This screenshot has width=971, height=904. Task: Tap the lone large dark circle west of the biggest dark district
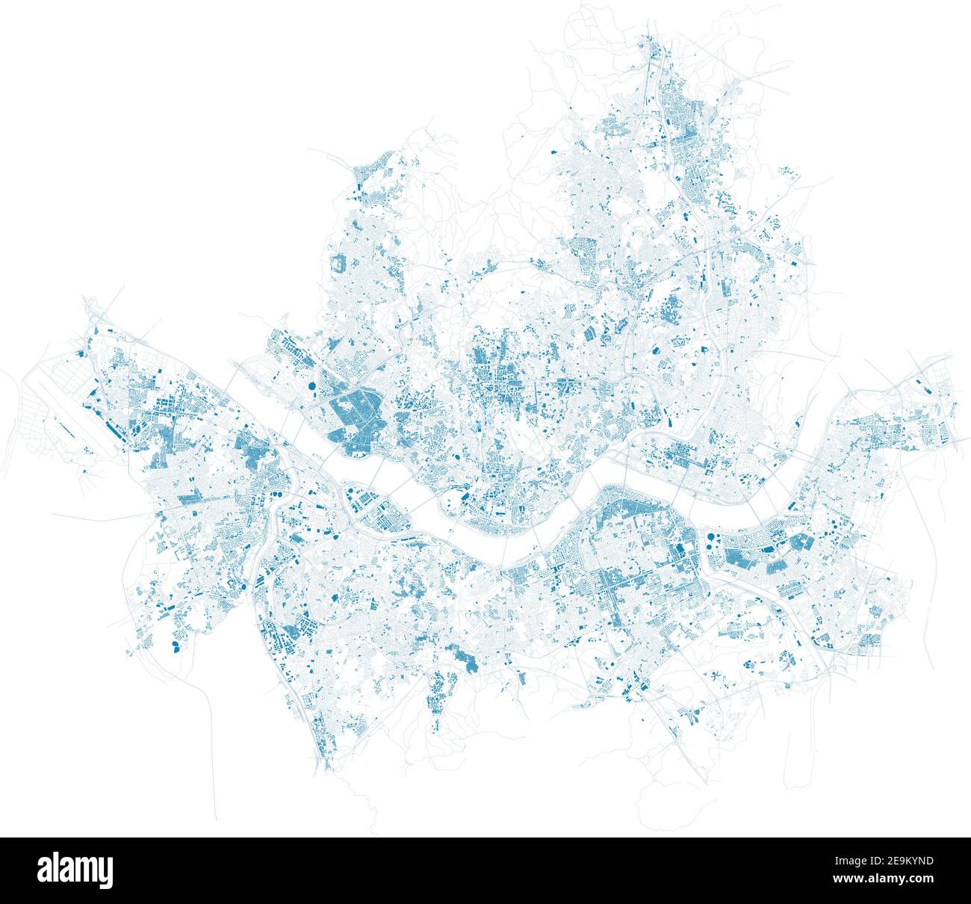309,386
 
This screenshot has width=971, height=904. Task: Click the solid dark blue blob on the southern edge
468,660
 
